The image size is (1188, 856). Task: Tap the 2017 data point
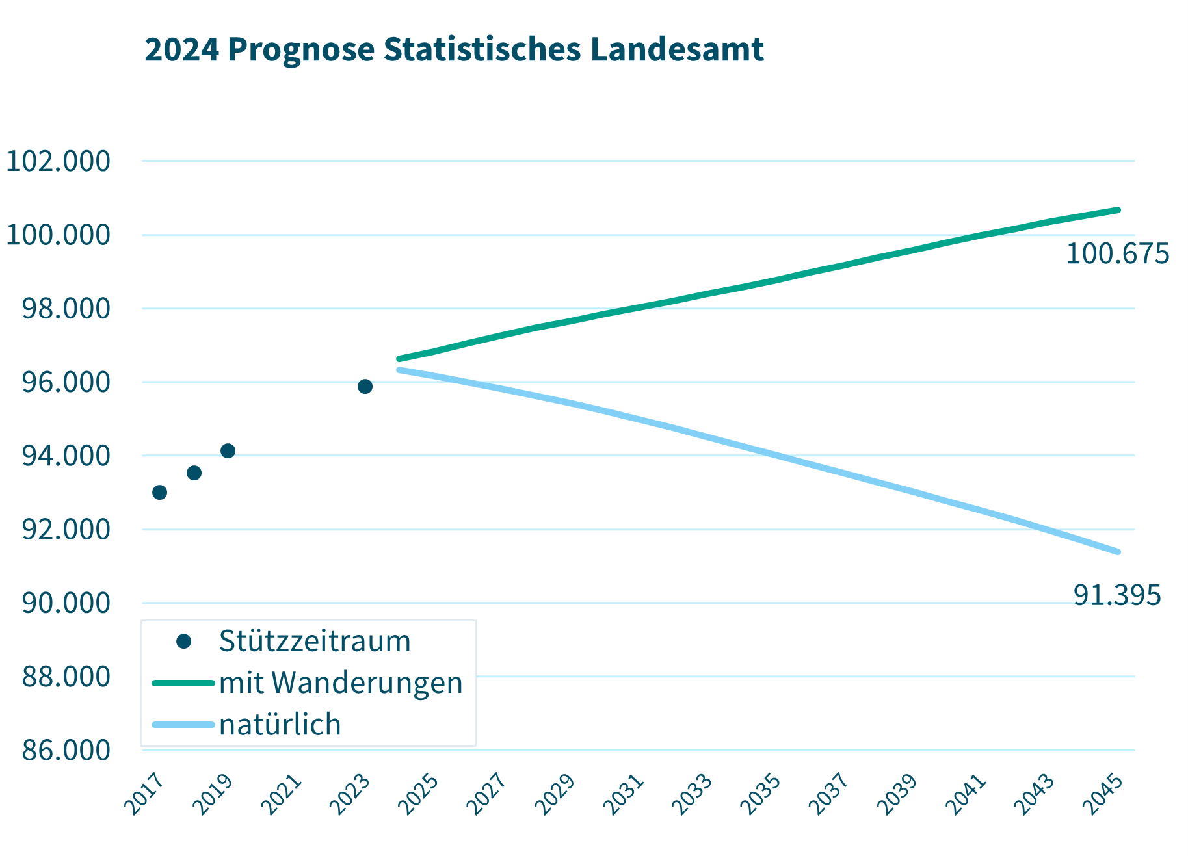coord(159,493)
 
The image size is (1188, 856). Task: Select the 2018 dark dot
coord(194,473)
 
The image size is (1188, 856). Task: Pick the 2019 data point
coord(228,451)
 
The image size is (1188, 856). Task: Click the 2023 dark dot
coord(365,387)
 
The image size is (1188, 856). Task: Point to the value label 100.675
coord(1117,254)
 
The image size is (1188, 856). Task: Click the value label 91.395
coord(1117,595)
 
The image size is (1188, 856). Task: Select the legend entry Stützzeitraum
coord(315,641)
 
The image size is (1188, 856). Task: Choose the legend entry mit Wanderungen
coord(341,683)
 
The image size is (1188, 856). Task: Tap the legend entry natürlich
coord(280,725)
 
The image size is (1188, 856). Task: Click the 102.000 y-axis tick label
coord(58,161)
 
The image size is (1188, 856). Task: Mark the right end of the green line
coord(1118,210)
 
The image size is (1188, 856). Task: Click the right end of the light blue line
coord(1118,552)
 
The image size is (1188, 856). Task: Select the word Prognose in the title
coord(301,51)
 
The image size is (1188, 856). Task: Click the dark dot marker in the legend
coord(183,642)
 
